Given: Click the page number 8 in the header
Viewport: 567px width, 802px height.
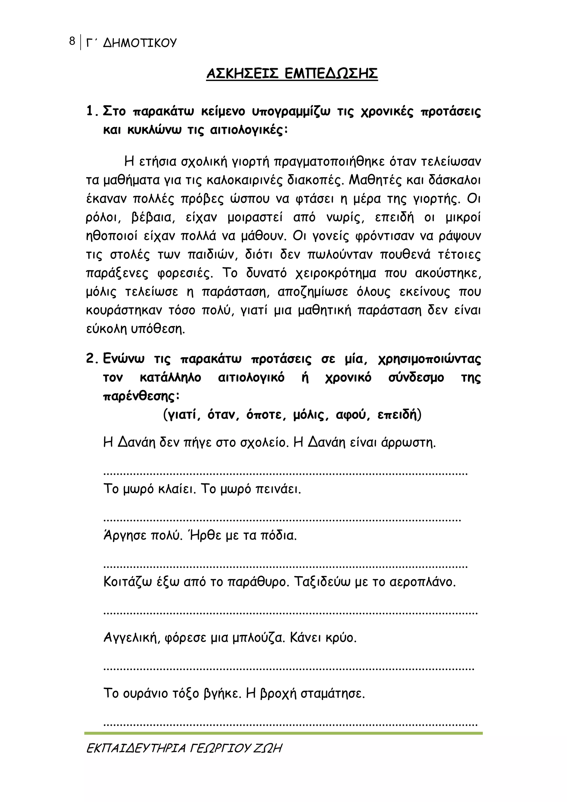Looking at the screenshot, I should [72, 41].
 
